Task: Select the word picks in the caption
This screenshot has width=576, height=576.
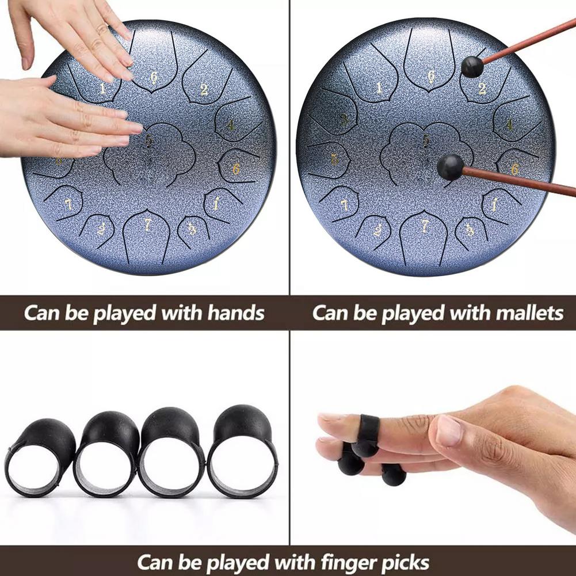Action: coord(407,561)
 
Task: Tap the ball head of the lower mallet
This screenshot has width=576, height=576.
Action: coord(449,167)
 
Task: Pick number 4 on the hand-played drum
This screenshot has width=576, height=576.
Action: coord(231,124)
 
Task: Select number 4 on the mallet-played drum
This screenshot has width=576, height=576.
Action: coord(509,124)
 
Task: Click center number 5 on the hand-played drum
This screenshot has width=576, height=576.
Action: coord(150,140)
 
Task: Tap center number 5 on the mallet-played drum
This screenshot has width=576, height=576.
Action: coord(426,140)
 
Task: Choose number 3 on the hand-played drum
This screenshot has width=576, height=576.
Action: coord(192,229)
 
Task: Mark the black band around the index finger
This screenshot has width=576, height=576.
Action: coord(369,429)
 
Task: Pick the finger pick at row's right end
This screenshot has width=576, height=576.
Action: coord(242,452)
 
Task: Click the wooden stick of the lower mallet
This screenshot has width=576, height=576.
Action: coord(518,181)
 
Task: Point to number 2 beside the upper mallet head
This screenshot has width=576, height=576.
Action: coord(482,89)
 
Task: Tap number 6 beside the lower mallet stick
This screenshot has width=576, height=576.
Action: coord(514,169)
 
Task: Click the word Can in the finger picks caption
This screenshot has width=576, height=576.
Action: coord(157,561)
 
